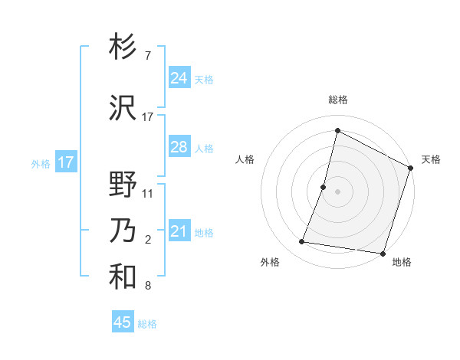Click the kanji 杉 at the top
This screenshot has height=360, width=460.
coord(123,47)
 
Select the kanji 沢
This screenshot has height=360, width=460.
coord(123,108)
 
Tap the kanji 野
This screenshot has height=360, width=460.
coord(123,185)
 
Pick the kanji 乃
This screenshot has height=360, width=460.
coord(123,231)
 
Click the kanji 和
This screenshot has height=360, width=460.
coord(123,277)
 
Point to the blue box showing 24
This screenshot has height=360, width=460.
coord(179,78)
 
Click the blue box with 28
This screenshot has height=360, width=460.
coord(179,147)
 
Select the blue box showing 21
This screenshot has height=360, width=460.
coord(179,231)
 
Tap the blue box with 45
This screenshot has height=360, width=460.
coord(123,322)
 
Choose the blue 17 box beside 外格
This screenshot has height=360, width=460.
coord(65,162)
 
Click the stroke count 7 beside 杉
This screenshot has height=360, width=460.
coord(147,56)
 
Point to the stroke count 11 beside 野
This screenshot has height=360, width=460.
coord(148,194)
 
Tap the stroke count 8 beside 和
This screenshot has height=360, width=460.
coord(147,286)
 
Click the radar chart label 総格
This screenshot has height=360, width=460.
coord(337,100)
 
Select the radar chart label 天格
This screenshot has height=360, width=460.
coord(431,159)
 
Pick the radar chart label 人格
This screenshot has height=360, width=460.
coord(245,159)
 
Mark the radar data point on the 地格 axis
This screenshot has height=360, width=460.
coord(383,253)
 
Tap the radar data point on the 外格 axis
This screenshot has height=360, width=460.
coord(302,242)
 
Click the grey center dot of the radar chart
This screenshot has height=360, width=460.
coord(337,191)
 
